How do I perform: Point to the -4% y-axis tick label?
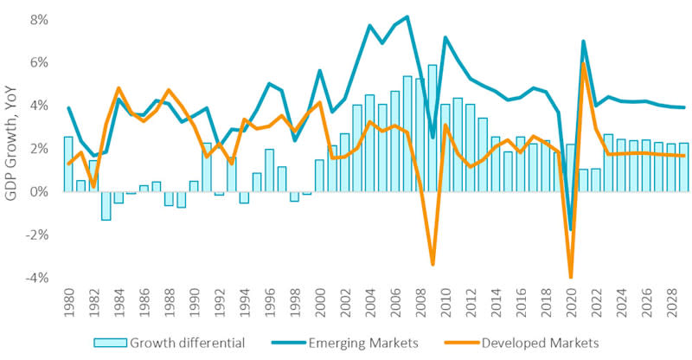point(35,278)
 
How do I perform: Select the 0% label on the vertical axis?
point(36,192)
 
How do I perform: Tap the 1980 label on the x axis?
point(68,305)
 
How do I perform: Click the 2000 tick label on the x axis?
point(319,305)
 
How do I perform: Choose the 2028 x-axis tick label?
point(670,305)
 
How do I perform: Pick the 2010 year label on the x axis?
point(445,305)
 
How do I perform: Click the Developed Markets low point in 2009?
point(432,264)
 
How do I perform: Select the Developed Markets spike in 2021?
point(583,62)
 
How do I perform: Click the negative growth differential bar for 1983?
point(106,205)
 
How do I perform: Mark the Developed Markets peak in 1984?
point(119,88)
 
